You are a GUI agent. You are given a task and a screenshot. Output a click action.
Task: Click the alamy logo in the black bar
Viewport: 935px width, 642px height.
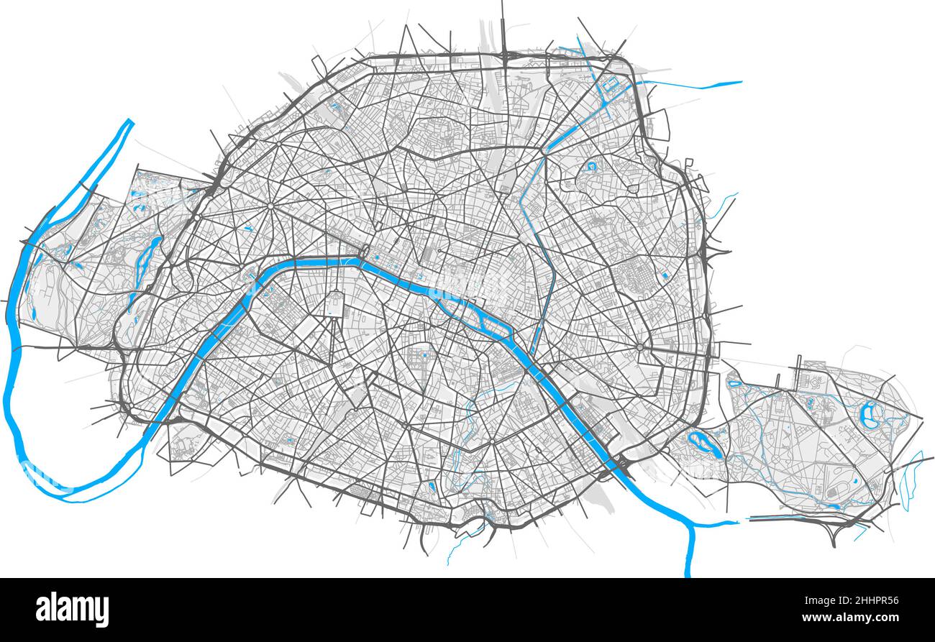click(72, 609)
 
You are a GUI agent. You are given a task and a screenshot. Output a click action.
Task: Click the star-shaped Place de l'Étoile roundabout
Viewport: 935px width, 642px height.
click(270, 206)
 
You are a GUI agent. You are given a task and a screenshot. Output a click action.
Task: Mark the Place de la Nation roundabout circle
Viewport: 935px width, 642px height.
click(639, 347)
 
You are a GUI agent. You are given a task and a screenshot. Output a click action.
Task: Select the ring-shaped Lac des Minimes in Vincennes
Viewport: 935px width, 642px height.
click(870, 415)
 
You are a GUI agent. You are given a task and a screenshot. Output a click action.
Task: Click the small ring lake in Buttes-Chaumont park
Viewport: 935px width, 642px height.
click(591, 167)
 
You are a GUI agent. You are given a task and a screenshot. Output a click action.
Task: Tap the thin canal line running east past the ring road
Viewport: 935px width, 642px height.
click(690, 86)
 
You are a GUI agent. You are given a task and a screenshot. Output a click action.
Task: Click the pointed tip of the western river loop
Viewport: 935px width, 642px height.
click(130, 121)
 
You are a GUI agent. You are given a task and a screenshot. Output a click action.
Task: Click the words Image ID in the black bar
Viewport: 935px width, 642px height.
click(829, 601)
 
